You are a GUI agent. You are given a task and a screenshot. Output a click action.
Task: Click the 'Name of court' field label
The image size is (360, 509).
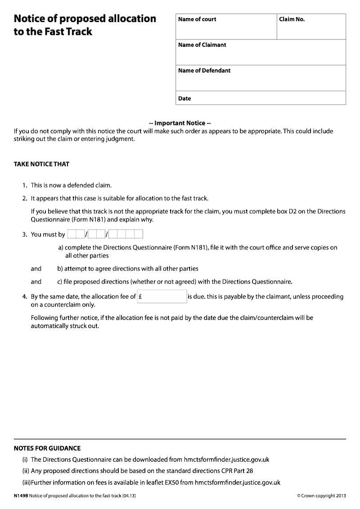click(197, 19)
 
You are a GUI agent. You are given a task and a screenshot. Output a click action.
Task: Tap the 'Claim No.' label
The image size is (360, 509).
click(292, 19)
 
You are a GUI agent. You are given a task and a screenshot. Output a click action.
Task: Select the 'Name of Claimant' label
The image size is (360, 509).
click(202, 45)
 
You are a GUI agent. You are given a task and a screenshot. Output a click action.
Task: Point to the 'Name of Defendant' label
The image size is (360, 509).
click(204, 71)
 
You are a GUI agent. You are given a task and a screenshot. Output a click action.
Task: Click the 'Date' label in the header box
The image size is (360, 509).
click(184, 99)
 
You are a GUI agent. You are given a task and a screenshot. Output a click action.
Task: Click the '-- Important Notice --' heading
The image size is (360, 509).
click(180, 123)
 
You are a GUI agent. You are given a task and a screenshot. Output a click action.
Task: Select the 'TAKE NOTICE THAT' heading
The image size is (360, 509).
click(41, 164)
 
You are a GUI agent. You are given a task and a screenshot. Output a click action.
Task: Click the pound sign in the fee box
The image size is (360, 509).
click(141, 297)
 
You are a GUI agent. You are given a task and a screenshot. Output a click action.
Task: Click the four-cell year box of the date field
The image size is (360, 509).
click(126, 234)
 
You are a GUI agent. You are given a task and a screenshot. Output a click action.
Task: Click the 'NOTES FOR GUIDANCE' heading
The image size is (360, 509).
click(47, 448)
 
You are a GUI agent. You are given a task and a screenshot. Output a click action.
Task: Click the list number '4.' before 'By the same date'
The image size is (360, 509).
click(25, 297)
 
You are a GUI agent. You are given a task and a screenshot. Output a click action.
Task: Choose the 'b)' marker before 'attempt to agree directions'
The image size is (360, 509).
click(60, 269)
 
